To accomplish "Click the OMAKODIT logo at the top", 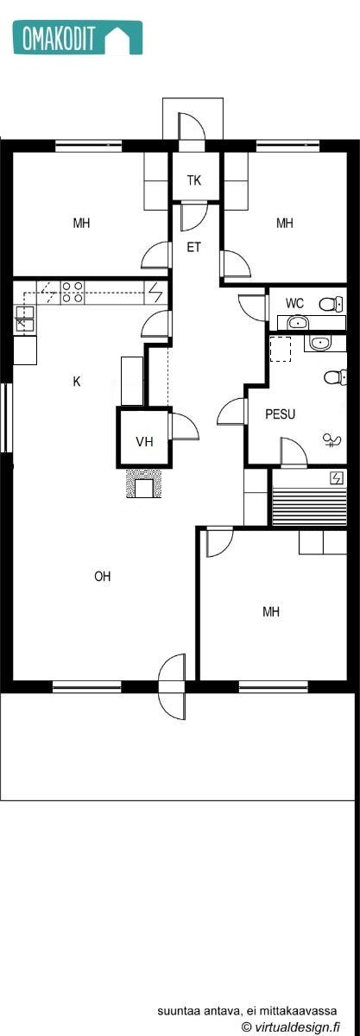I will click(76, 39).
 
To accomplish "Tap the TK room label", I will click(194, 180).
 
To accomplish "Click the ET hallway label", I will click(194, 247).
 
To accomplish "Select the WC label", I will click(294, 303).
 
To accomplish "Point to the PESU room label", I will click(280, 414).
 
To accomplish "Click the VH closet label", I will click(144, 442).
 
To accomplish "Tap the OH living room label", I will click(103, 577).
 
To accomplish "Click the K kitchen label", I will click(77, 381).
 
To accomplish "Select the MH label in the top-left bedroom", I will click(82, 224).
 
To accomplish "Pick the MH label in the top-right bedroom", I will click(285, 224).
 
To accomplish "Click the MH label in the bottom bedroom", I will click(271, 612).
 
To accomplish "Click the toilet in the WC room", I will click(331, 304).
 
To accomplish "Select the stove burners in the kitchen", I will click(72, 293).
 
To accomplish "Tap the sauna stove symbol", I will click(335, 478).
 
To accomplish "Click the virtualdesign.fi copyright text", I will click(290, 1027).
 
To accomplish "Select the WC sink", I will click(296, 323).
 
